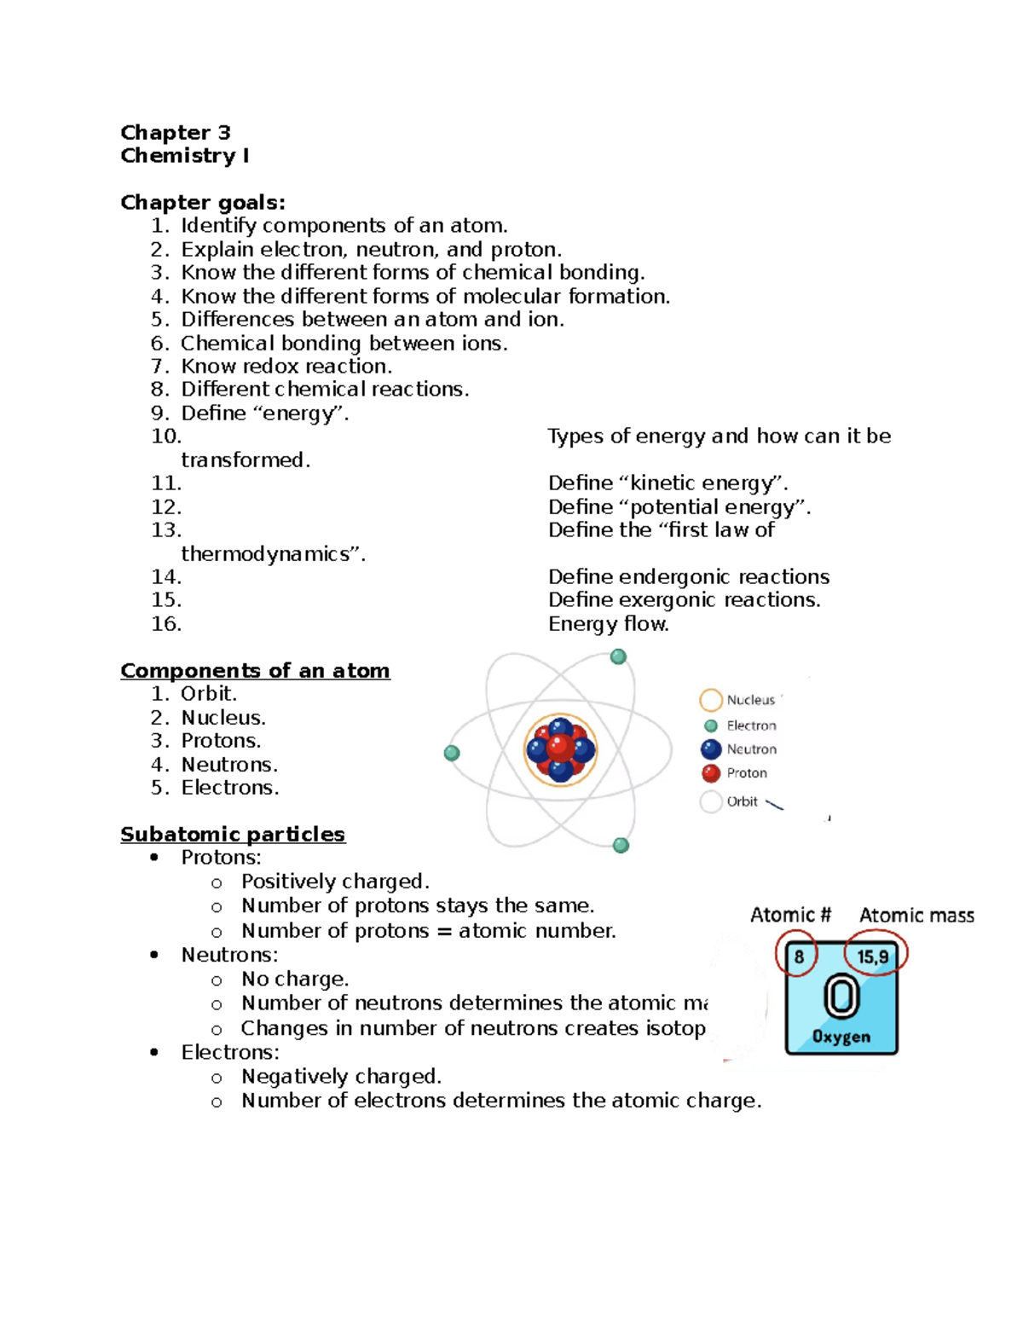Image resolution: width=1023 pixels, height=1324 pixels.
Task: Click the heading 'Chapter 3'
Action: (x=176, y=132)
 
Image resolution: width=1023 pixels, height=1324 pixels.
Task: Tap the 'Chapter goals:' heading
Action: (x=203, y=202)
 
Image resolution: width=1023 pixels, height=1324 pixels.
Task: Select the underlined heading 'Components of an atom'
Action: (x=255, y=671)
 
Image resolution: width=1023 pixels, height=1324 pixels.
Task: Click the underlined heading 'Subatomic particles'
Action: (x=233, y=834)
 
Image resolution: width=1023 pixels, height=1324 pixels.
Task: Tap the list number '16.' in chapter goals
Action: (x=166, y=624)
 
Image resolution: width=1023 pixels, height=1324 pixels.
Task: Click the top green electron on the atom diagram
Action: (x=618, y=656)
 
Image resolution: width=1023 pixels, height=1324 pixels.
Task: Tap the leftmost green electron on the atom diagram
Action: (x=452, y=753)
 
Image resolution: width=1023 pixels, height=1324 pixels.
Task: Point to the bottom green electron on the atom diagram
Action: (x=621, y=845)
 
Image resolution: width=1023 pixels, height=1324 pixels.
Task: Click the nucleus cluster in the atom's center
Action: (x=560, y=749)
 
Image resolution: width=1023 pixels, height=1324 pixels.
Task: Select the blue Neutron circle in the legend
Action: (x=711, y=749)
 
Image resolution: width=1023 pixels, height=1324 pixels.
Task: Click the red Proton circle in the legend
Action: (x=711, y=773)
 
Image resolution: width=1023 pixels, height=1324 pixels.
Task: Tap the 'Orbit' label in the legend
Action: (x=742, y=801)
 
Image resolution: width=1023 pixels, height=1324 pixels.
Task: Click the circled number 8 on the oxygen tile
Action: (x=798, y=957)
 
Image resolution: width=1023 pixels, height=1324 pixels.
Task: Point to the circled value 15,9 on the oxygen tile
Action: (x=874, y=957)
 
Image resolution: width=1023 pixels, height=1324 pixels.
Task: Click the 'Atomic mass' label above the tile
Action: (x=916, y=916)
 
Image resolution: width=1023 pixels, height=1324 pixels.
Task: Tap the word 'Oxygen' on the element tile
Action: (x=841, y=1037)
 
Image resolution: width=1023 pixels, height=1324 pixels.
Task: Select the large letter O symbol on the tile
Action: (x=841, y=997)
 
